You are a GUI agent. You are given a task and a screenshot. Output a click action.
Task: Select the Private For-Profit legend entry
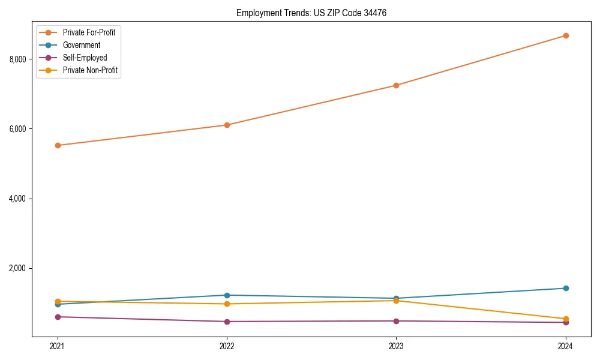pos(89,32)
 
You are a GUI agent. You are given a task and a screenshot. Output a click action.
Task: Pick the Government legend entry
pos(81,45)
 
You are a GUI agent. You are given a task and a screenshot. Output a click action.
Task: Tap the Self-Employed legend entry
pos(85,58)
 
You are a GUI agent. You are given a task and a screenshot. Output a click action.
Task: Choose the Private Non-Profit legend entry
pos(90,70)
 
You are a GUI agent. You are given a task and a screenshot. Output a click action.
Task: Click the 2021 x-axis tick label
pos(58,346)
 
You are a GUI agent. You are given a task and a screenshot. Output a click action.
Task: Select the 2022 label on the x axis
pos(227,346)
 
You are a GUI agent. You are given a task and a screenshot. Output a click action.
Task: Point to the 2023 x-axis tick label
pos(396,346)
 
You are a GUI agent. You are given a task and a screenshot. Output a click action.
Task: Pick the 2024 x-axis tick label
pos(565,346)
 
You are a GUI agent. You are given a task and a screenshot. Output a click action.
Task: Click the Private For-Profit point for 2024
pos(565,35)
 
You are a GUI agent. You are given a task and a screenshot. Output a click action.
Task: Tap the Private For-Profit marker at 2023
pos(396,85)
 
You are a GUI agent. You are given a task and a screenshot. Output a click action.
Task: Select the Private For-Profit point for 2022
pos(227,125)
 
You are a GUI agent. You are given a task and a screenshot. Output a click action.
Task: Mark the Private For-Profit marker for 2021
pos(58,145)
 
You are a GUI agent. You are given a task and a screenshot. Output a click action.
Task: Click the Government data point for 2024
pos(565,288)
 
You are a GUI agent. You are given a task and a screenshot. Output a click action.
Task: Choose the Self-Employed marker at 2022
pos(227,322)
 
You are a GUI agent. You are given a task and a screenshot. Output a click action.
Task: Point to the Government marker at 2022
pos(227,295)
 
